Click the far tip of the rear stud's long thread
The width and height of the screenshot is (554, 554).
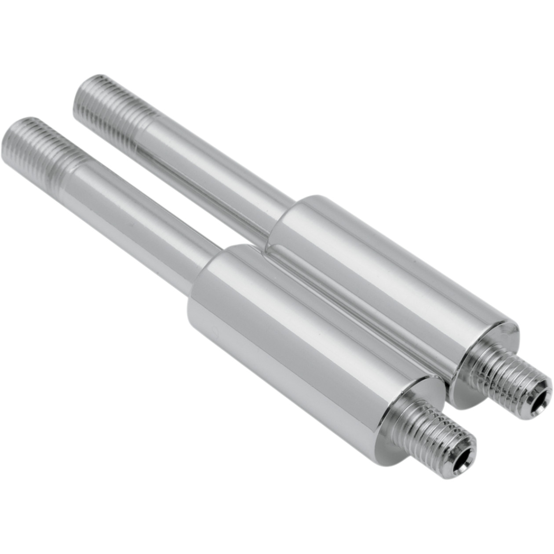pos(84,84)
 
